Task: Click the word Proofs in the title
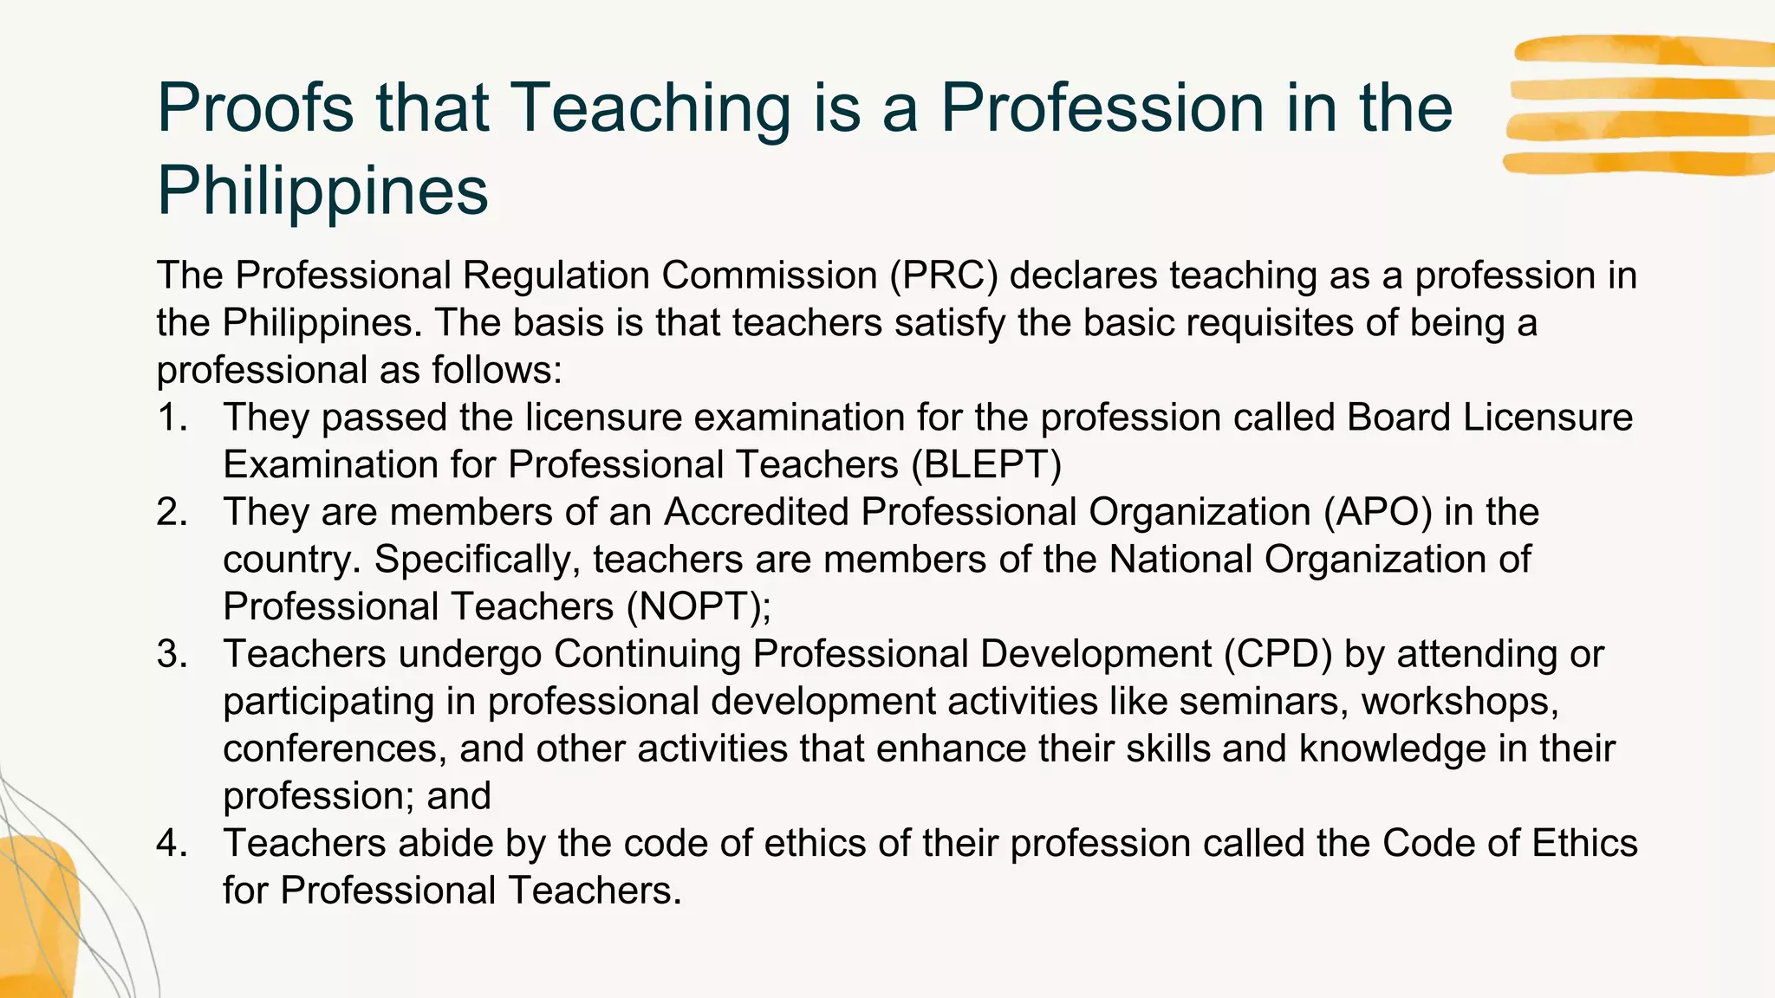tap(256, 108)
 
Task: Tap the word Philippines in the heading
tap(322, 191)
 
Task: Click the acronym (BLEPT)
tap(986, 465)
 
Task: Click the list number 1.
tap(172, 418)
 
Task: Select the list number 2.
tap(172, 512)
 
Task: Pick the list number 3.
tap(172, 654)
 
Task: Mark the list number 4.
tap(172, 843)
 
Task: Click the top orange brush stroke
tap(1642, 50)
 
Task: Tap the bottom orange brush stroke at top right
tap(1638, 162)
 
